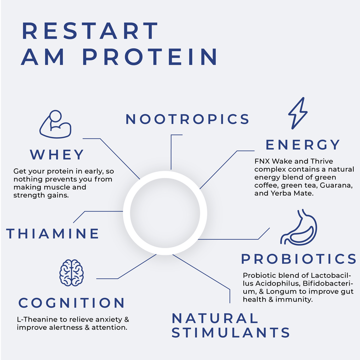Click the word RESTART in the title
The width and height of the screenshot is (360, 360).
90,31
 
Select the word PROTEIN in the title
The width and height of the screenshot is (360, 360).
150,57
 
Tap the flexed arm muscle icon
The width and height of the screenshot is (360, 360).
55,124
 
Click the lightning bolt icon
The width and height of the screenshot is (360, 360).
298,113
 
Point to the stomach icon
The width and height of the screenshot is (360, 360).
299,227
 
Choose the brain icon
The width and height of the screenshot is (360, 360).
72,273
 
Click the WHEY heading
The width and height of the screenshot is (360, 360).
57,155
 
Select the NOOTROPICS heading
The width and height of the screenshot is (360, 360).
187,119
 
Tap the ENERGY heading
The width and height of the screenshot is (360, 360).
303,144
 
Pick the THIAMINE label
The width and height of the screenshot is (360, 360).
53,234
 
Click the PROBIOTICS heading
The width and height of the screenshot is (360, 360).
299,259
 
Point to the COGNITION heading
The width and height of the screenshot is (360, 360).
72,303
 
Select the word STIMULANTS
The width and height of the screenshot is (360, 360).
231,333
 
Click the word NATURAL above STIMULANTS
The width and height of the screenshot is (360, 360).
215,318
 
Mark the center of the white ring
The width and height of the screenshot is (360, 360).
165,213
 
